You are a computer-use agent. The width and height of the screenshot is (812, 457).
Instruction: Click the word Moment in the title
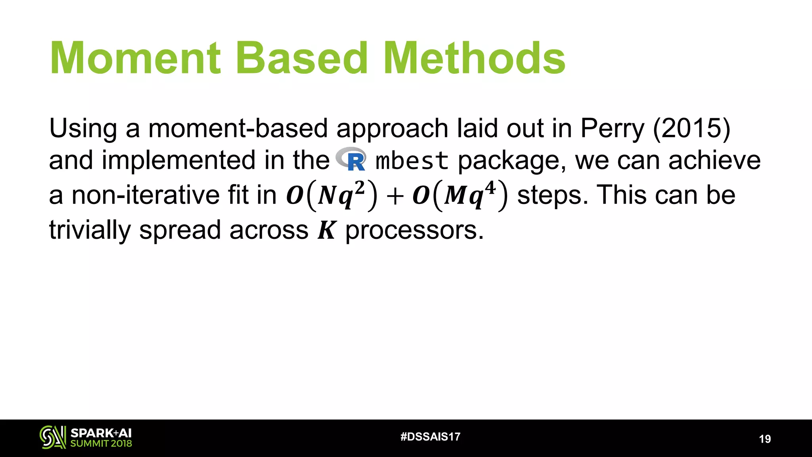tap(135, 59)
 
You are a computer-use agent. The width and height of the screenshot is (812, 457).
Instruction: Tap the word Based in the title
tap(302, 59)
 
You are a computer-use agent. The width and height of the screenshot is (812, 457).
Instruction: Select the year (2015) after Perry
tap(691, 129)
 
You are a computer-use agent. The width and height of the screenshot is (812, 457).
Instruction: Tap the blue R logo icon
tap(352, 159)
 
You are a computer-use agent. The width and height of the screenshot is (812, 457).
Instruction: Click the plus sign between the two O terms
tap(395, 196)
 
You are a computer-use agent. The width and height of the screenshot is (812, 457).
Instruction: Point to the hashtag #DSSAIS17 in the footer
tap(430, 437)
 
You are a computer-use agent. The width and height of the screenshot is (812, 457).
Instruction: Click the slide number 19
tap(765, 439)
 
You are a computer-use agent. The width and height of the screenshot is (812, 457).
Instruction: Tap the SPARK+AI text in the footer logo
tap(101, 433)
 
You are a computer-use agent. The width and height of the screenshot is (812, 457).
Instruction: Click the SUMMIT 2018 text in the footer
tap(101, 444)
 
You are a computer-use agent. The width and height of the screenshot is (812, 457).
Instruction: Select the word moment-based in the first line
tap(238, 129)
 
